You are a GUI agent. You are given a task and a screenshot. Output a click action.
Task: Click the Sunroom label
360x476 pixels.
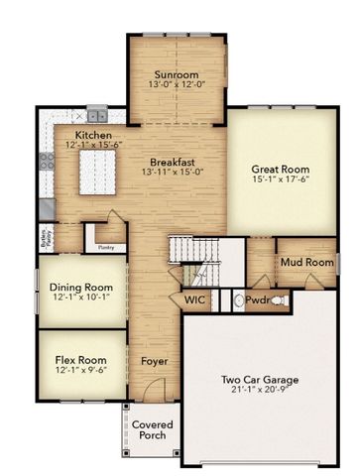click(x=177, y=74)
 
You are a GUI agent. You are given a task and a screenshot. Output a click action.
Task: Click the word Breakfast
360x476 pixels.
click(x=170, y=162)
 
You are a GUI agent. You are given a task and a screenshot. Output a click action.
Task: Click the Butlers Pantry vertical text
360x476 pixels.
click(x=45, y=236)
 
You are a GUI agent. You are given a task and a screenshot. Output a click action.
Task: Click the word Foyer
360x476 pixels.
click(x=154, y=361)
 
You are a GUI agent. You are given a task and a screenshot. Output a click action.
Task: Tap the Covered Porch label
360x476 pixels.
click(x=152, y=431)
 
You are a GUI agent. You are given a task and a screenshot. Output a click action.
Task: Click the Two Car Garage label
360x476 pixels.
click(x=259, y=379)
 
